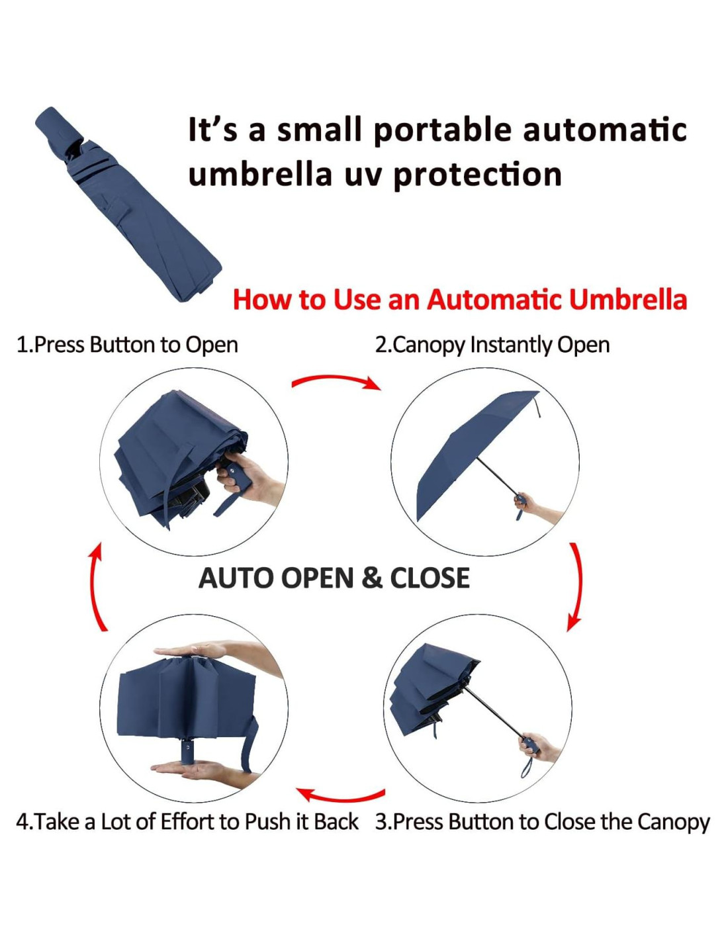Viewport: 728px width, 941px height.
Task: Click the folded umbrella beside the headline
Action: pyautogui.click(x=128, y=204)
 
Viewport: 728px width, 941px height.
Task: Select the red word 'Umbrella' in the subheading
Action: pyautogui.click(x=628, y=299)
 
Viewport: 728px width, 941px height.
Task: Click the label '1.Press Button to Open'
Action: pyautogui.click(x=127, y=345)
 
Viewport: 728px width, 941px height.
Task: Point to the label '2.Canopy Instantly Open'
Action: pyautogui.click(x=492, y=345)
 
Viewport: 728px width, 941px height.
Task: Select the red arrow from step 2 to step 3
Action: pyautogui.click(x=578, y=586)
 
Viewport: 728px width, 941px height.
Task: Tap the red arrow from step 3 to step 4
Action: pyautogui.click(x=340, y=795)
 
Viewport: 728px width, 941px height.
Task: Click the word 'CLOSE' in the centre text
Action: pyautogui.click(x=430, y=578)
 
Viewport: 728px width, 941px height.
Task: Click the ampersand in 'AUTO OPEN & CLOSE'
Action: pyautogui.click(x=371, y=578)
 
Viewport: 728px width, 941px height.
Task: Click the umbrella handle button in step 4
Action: pyautogui.click(x=187, y=747)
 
